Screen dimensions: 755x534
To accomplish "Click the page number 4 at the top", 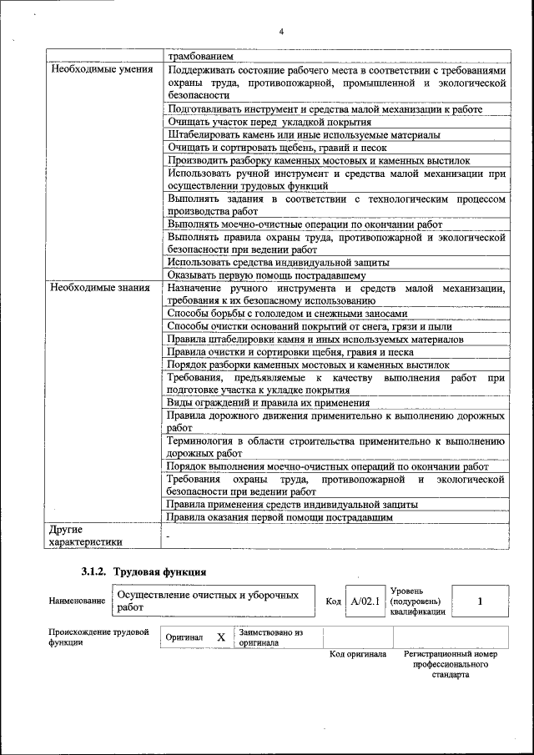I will tap(281, 32).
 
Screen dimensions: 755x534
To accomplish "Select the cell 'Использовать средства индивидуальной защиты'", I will tap(278, 262).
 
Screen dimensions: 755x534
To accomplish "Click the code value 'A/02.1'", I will tap(365, 601).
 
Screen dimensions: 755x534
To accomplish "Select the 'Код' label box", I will tap(334, 601).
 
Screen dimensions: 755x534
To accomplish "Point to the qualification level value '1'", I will tap(480, 601).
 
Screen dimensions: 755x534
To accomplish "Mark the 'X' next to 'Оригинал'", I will tap(221, 637).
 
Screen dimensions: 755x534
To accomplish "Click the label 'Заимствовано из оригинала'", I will tap(270, 638).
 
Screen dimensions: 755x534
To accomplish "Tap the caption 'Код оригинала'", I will tap(358, 655).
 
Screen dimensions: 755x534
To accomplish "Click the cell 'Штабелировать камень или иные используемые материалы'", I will tap(304, 134).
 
